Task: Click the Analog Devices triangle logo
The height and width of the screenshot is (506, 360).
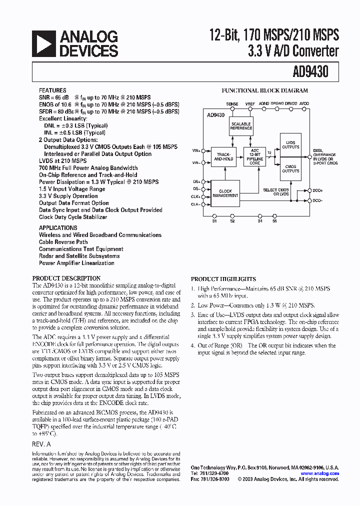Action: pyautogui.click(x=43, y=43)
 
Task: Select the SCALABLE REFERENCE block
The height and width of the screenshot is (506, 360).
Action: pyautogui.click(x=241, y=125)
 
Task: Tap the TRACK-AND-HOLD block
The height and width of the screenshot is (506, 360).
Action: pyautogui.click(x=223, y=156)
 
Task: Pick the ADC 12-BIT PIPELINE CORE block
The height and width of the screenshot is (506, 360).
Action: pyautogui.click(x=254, y=156)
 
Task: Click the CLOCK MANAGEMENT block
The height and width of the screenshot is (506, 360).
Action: pyautogui.click(x=225, y=193)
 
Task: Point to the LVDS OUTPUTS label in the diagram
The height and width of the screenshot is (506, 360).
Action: pyautogui.click(x=290, y=145)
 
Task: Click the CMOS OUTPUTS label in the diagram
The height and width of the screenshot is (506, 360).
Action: pyautogui.click(x=290, y=169)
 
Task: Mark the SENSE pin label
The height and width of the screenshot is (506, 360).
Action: pyautogui.click(x=232, y=103)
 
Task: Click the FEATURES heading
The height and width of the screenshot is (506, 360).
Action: pyautogui.click(x=52, y=90)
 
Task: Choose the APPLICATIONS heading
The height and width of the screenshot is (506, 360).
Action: pyautogui.click(x=58, y=227)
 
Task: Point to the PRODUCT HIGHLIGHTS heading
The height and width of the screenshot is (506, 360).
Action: pyautogui.click(x=223, y=279)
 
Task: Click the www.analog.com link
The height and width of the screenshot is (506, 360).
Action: pyautogui.click(x=319, y=473)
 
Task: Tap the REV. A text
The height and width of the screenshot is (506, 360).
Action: pyautogui.click(x=41, y=444)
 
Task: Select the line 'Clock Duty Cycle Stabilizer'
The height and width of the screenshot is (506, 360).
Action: pyautogui.click(x=73, y=217)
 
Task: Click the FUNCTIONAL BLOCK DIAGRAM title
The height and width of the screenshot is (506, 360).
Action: pyautogui.click(x=264, y=90)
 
